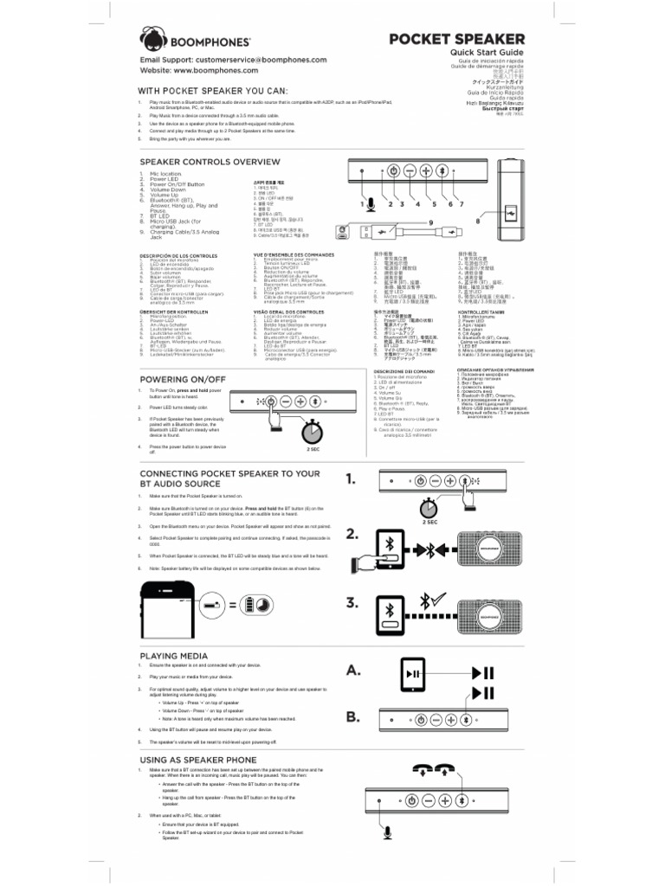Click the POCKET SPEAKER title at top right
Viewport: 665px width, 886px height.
pos(456,39)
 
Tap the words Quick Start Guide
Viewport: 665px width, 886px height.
pos(486,53)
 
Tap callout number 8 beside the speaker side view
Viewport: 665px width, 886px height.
pos(477,221)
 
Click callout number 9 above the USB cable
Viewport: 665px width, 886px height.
pos(428,222)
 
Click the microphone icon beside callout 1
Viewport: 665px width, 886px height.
pos(370,204)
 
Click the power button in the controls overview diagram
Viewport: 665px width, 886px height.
pos(393,170)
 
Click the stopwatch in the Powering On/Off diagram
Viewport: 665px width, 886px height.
pos(313,430)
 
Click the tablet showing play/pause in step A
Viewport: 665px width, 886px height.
pos(414,673)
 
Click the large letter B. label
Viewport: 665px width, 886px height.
pos(353,716)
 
